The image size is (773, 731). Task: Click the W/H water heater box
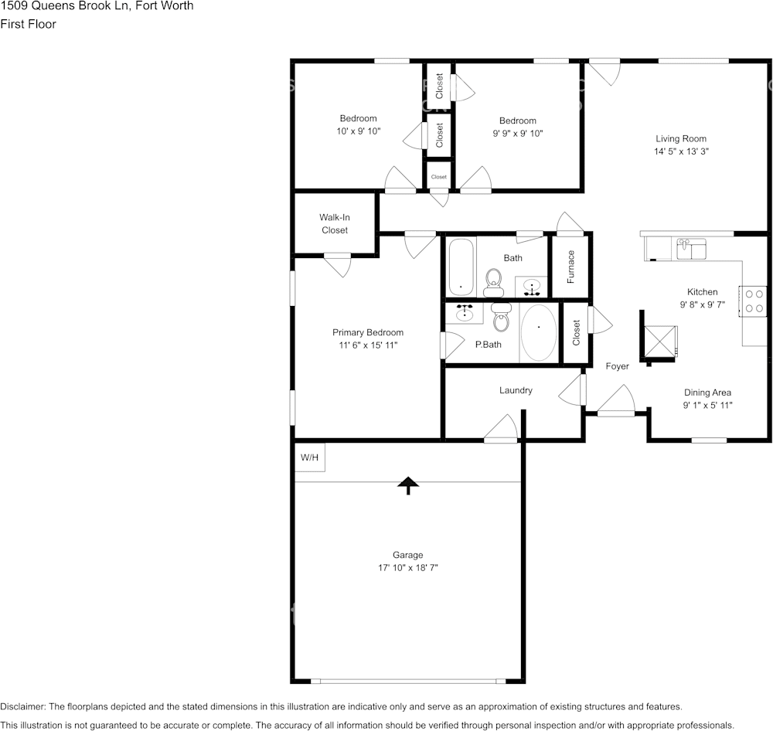(x=309, y=457)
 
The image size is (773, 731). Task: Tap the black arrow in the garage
(x=407, y=484)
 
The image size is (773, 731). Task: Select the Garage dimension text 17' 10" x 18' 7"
(x=407, y=568)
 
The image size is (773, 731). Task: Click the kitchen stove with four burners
(x=754, y=301)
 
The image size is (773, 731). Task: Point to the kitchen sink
(x=691, y=248)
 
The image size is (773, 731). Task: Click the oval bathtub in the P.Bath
(x=538, y=332)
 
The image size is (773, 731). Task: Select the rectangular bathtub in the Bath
(x=461, y=267)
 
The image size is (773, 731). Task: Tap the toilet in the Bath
(x=493, y=282)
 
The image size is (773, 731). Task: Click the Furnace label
(x=570, y=266)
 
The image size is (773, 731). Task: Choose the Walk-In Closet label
(x=335, y=224)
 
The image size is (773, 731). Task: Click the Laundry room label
(x=516, y=390)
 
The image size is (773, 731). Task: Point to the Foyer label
(x=617, y=366)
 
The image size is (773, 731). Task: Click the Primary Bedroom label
(x=368, y=332)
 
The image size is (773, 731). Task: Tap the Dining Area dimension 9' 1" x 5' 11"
(x=707, y=405)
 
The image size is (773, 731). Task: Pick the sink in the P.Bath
(x=465, y=313)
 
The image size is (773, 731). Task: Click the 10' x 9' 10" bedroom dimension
(x=358, y=132)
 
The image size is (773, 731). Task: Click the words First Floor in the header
(x=29, y=24)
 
